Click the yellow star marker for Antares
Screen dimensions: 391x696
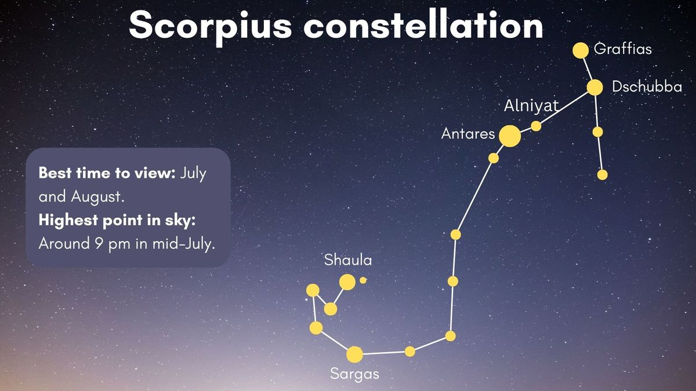[509, 136]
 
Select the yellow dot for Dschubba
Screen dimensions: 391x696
[594, 87]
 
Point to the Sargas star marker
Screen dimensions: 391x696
[354, 354]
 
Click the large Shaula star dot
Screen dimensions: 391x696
[347, 282]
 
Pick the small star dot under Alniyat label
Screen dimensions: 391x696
[536, 126]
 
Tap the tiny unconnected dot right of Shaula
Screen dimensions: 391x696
[363, 280]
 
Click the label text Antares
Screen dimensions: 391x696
[468, 134]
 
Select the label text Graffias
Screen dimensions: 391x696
[623, 49]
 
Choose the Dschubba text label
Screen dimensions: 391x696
[646, 87]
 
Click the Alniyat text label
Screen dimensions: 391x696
[531, 106]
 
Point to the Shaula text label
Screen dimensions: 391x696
[348, 260]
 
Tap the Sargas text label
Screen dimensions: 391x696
[354, 374]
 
